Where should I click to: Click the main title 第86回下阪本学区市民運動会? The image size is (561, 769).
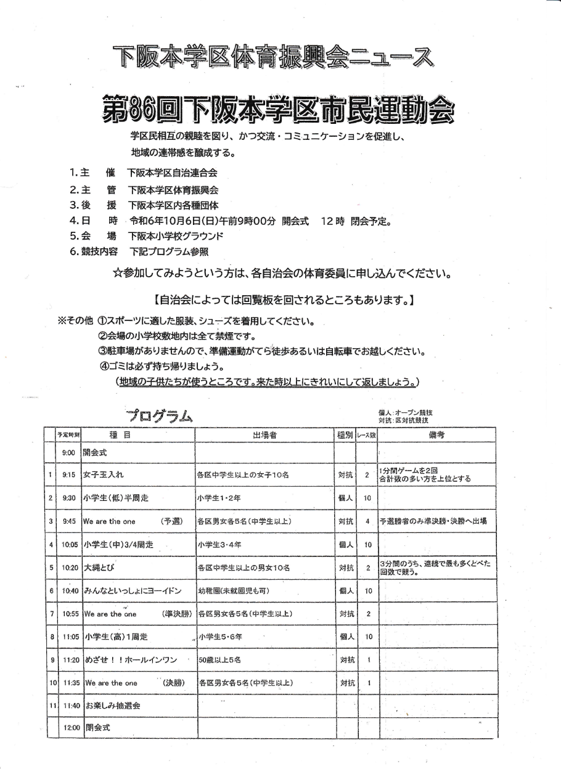click(x=276, y=110)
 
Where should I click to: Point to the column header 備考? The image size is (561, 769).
click(x=436, y=435)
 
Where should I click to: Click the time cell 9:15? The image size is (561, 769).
click(x=68, y=475)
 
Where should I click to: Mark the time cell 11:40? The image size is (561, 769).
click(x=71, y=706)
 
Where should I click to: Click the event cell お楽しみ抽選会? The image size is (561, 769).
click(x=112, y=706)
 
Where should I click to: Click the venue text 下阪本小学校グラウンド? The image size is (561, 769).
click(x=176, y=236)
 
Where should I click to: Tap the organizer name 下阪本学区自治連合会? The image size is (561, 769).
click(x=173, y=174)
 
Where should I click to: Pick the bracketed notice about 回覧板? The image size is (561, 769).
click(x=282, y=301)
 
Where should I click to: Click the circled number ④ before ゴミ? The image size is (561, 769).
click(x=104, y=368)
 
